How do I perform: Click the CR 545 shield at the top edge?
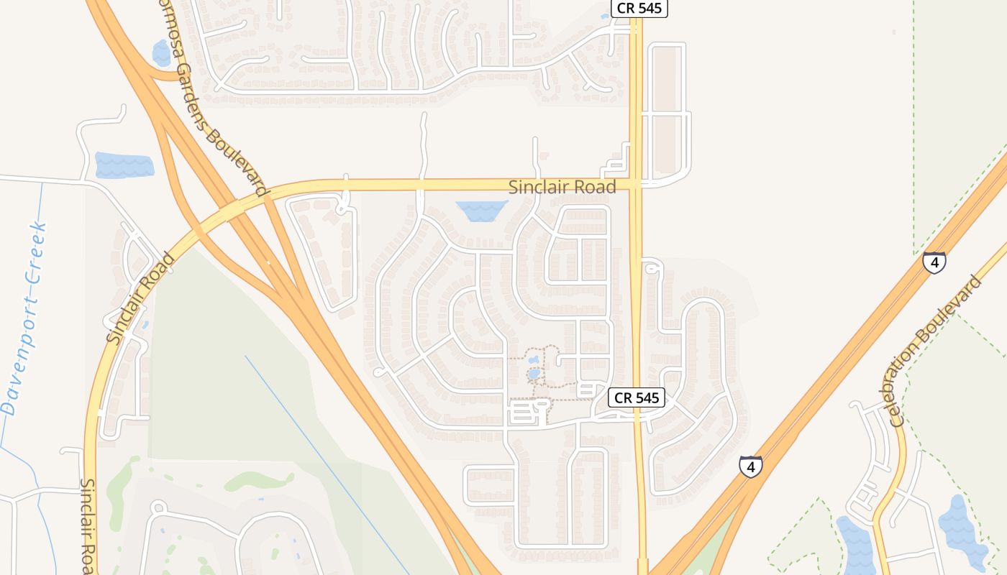(639, 9)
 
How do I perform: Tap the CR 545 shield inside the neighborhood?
(636, 397)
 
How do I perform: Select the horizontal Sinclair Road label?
(562, 188)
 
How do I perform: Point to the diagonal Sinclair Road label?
(141, 298)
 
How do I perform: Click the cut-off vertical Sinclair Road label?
(88, 525)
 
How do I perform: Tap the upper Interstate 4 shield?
(934, 263)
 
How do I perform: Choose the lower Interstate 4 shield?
(750, 466)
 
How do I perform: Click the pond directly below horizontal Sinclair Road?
(481, 211)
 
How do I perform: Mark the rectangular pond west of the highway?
(124, 165)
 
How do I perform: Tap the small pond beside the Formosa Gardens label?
(162, 53)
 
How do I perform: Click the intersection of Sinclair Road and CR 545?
(636, 185)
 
